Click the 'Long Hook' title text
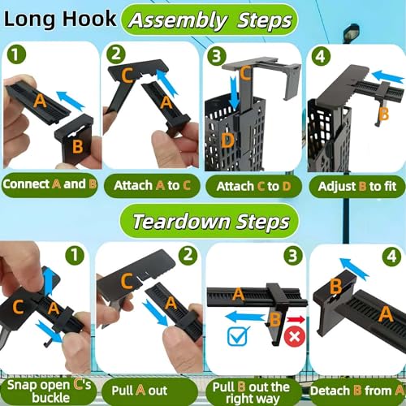60,19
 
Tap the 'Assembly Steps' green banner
209,19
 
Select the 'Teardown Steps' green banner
209,221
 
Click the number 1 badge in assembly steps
16,54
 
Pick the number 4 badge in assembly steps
321,57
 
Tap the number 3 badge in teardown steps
292,256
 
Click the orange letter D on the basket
227,140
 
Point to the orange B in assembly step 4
384,114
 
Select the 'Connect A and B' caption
50,184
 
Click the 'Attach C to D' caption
253,186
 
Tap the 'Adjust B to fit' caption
357,186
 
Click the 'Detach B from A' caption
356,391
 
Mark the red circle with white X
295,337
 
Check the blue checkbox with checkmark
238,336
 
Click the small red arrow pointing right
296,320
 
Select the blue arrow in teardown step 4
354,269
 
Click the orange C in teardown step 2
127,281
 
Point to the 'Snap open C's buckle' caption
49,391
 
